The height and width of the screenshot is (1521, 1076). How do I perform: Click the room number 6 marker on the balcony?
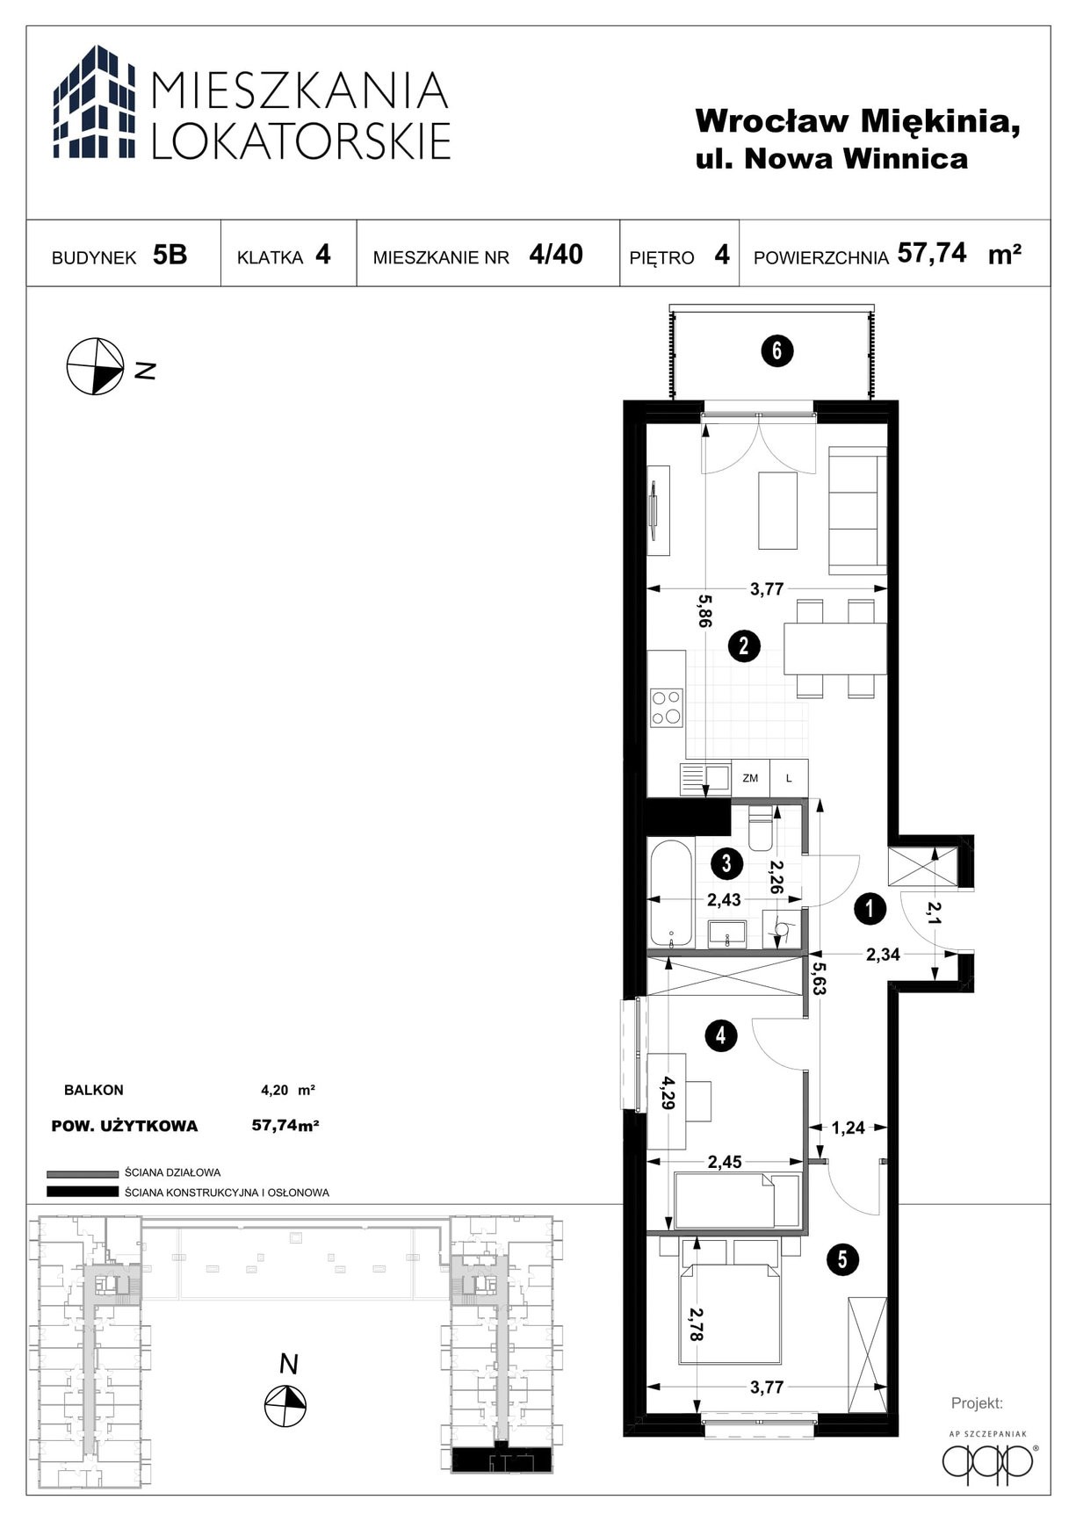pos(777,351)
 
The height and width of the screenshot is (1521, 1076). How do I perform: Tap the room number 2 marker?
pos(744,646)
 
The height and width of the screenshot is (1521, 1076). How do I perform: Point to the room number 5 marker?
pos(842,1260)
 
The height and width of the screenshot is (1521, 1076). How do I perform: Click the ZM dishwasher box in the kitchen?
pos(750,778)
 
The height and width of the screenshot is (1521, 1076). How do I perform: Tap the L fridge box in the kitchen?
pos(789,778)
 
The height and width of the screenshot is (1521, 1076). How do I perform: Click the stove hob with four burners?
pos(667,708)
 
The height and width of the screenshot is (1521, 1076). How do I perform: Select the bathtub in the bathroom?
pos(671,894)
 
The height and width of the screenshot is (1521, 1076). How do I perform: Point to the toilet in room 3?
pos(761,829)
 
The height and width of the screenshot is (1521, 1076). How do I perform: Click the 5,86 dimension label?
pos(704,609)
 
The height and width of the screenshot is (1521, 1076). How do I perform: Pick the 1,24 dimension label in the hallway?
pos(848,1128)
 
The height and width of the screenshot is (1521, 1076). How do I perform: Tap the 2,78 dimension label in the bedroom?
pos(697,1324)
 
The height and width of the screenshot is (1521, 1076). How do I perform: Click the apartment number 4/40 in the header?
pos(556,254)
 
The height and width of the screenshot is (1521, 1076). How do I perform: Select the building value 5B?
pos(170,255)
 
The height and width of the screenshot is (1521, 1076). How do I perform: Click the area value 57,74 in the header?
pos(932,254)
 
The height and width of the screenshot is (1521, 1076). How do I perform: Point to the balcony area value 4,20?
pos(274,1091)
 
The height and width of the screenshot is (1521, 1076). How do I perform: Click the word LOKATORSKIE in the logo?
pos(301,141)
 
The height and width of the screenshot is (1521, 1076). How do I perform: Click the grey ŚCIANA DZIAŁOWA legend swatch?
pos(83,1173)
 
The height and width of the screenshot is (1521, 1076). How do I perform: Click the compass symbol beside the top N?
pos(96,366)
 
